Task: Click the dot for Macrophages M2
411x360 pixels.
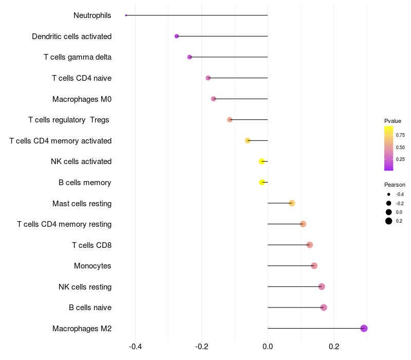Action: pos(364,328)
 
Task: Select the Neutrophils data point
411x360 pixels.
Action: pos(126,15)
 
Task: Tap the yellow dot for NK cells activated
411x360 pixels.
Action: pos(262,161)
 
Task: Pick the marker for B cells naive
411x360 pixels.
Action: pos(324,308)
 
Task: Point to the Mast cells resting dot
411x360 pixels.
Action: pos(292,203)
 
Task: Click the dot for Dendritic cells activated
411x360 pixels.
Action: pos(177,37)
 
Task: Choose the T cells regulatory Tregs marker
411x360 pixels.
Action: pos(230,120)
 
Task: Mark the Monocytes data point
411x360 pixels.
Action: pos(314,266)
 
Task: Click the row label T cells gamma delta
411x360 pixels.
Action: pos(78,57)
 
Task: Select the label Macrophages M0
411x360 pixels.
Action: pos(82,99)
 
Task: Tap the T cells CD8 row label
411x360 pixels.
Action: pos(91,245)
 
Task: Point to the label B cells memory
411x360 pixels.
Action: pos(85,183)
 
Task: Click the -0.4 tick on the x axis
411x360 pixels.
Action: pos(135,347)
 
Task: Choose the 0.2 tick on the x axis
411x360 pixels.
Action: pos(334,347)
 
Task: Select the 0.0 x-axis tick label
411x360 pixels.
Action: pos(268,347)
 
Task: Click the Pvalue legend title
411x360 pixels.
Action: pos(393,121)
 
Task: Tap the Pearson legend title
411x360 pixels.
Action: pos(395,185)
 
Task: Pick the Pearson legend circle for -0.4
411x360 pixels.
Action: pos(389,194)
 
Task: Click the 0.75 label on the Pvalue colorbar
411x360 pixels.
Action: pos(400,135)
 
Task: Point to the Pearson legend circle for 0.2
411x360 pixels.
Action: pos(389,221)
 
